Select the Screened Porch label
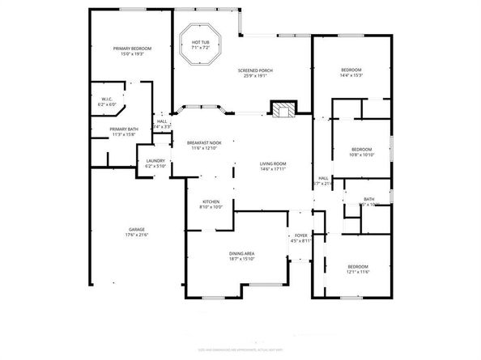point(255,71)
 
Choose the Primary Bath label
point(123,129)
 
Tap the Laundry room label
point(155,161)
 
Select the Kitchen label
point(211,201)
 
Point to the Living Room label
point(273,165)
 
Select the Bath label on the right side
point(369,200)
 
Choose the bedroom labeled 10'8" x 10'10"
point(361,149)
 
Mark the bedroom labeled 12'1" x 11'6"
point(358,267)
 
